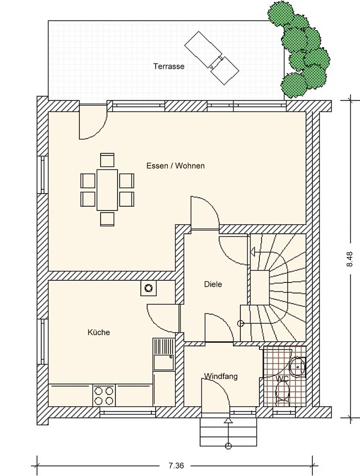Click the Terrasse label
[x=168, y=66]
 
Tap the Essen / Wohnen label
[x=176, y=166]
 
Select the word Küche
[x=98, y=333]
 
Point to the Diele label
[x=213, y=284]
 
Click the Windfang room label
[x=221, y=377]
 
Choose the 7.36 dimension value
[x=176, y=465]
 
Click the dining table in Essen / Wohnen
[x=107, y=190]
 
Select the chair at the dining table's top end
[x=107, y=160]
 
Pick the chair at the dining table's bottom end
[x=107, y=219]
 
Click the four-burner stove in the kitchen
[x=104, y=395]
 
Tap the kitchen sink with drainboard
[x=164, y=354]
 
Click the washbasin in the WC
[x=298, y=367]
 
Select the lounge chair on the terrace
[x=212, y=59]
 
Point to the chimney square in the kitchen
[x=149, y=288]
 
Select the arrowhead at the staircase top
[x=253, y=251]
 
